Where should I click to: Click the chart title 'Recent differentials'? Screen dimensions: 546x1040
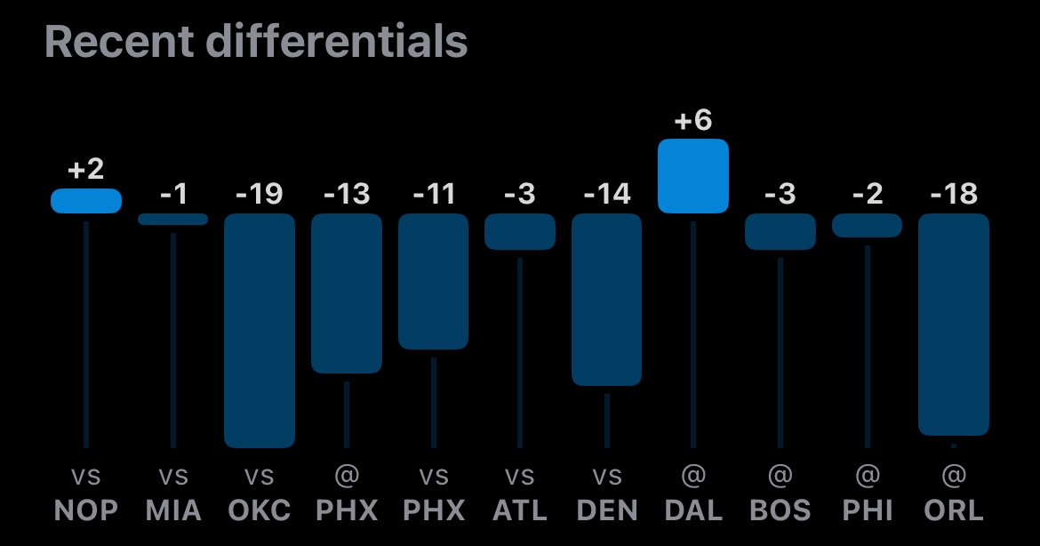click(x=256, y=42)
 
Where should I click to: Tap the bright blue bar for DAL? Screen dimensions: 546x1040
click(x=692, y=176)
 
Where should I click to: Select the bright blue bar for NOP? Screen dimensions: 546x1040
click(x=85, y=201)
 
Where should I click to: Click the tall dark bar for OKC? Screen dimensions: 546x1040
click(x=259, y=330)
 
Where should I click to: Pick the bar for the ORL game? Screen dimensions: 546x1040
click(x=953, y=324)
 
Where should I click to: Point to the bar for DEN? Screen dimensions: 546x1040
click(x=606, y=299)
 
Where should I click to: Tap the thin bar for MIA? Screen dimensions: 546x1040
click(x=172, y=219)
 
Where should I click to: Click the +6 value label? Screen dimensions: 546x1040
click(x=692, y=121)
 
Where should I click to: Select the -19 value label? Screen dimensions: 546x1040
click(x=259, y=194)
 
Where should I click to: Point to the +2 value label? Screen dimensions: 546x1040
click(x=85, y=170)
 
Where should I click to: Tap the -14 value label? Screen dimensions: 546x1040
click(x=606, y=194)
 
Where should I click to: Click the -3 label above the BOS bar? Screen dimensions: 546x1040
click(x=780, y=194)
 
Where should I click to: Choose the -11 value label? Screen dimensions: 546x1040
click(x=433, y=194)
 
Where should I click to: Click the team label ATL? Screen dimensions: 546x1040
click(x=519, y=510)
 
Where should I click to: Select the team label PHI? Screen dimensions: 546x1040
click(x=867, y=510)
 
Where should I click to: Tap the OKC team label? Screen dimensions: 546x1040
click(x=259, y=510)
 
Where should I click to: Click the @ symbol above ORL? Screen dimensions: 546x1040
click(x=953, y=478)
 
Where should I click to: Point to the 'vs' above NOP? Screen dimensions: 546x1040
click(x=85, y=478)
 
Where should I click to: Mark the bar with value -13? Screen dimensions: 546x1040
click(x=346, y=293)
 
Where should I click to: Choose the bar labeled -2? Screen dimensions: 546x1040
click(x=867, y=225)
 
